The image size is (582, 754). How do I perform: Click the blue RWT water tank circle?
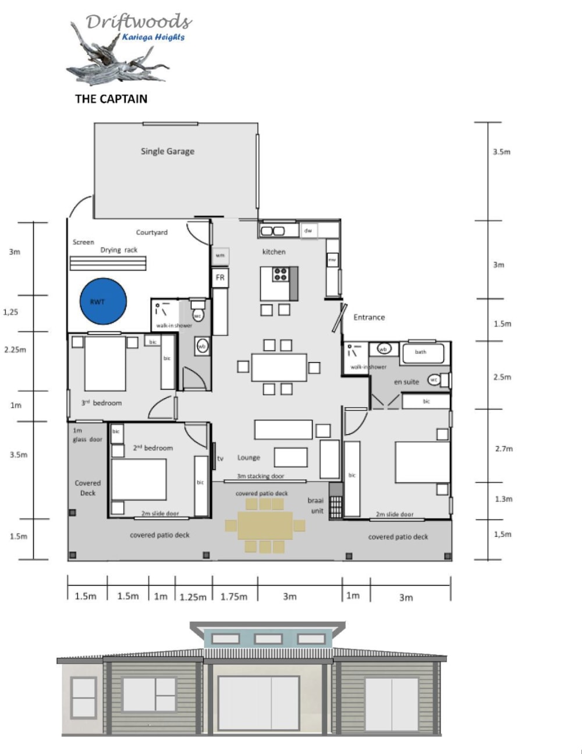pyautogui.click(x=103, y=302)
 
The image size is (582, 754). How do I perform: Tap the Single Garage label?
pyautogui.click(x=168, y=151)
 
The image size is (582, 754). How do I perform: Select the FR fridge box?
pyautogui.click(x=220, y=278)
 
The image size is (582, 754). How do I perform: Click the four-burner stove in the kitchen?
pyautogui.click(x=281, y=274)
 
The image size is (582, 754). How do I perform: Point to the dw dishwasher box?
pyautogui.click(x=308, y=231)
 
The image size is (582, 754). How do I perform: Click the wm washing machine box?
pyautogui.click(x=220, y=256)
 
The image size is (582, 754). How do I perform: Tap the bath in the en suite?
pyautogui.click(x=421, y=352)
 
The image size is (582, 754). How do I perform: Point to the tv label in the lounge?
pyautogui.click(x=220, y=459)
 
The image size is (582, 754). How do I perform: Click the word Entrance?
pyautogui.click(x=369, y=317)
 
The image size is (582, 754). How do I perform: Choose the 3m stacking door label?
pyautogui.click(x=260, y=476)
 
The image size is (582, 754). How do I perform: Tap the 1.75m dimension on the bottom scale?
pyautogui.click(x=234, y=596)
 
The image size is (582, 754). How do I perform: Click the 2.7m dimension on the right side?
pyautogui.click(x=503, y=449)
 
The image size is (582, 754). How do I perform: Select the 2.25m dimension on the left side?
pyautogui.click(x=15, y=350)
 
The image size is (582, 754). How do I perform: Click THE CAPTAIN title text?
pyautogui.click(x=111, y=99)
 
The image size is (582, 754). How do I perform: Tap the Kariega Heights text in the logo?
pyautogui.click(x=153, y=37)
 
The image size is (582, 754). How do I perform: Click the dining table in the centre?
pyautogui.click(x=279, y=367)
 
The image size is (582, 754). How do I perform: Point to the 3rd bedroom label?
pyautogui.click(x=101, y=403)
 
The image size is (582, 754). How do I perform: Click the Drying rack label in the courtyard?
pyautogui.click(x=119, y=250)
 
